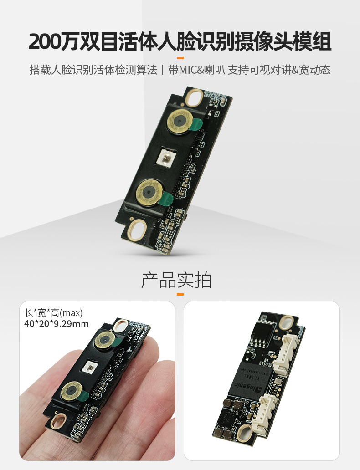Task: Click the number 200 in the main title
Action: pos(45,41)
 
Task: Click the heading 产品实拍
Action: pos(176,280)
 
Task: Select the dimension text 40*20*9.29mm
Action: pos(57,324)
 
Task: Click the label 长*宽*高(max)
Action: pos(53,313)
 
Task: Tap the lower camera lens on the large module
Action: pos(149,192)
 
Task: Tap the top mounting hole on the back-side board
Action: pos(286,323)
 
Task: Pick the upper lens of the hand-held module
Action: pos(105,341)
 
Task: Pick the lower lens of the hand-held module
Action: pos(72,391)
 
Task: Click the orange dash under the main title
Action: pos(180,58)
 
